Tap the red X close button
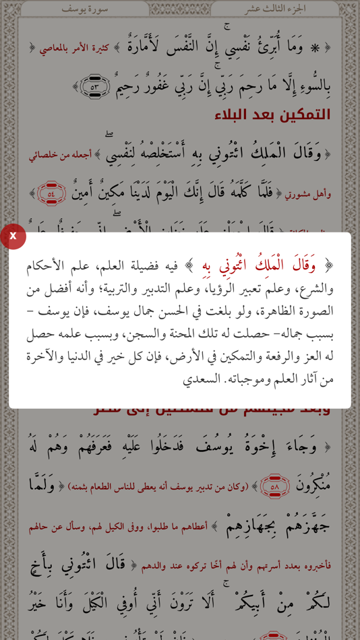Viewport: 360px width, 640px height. coord(13,236)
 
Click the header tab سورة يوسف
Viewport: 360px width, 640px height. coord(84,9)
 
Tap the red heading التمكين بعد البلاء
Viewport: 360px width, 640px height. coord(282,115)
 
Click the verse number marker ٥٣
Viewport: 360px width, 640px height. coord(94,86)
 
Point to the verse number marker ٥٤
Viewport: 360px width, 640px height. coord(51,194)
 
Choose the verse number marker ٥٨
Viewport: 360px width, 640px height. coord(274,485)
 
